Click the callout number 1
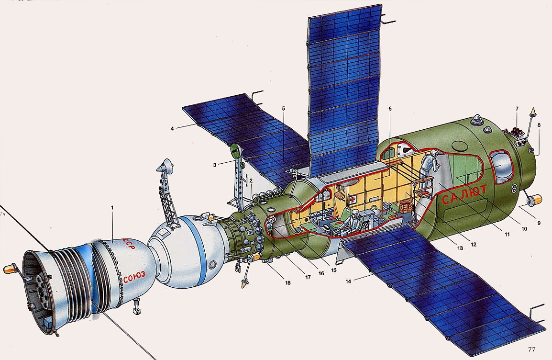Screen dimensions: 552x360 (x=112, y=207)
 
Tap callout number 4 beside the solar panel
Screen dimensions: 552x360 (x=172, y=128)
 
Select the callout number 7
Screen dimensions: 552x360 (x=517, y=109)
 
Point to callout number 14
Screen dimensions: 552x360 (x=349, y=281)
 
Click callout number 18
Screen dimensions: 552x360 (x=288, y=282)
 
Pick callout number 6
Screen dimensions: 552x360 (x=390, y=109)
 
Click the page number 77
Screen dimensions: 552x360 (x=531, y=349)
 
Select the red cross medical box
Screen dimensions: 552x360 (x=353, y=200)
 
